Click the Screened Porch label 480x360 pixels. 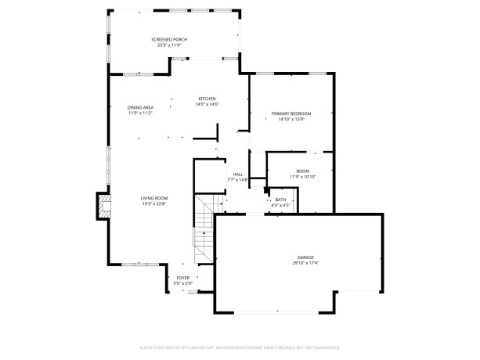169,39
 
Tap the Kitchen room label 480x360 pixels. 208,99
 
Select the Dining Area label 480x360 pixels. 141,107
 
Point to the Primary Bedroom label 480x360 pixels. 291,114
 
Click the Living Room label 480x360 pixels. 154,198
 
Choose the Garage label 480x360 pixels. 305,257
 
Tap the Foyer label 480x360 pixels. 182,278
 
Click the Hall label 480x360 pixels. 237,175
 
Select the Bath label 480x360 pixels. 281,200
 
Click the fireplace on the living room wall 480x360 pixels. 102,206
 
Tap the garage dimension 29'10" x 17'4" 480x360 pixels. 305,262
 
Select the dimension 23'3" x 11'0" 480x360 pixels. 169,45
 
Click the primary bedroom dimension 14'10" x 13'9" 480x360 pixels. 291,120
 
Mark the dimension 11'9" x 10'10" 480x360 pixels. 302,176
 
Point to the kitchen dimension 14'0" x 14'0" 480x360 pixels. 208,104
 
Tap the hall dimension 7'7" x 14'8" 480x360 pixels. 237,180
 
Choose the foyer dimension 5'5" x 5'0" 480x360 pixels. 182,283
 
